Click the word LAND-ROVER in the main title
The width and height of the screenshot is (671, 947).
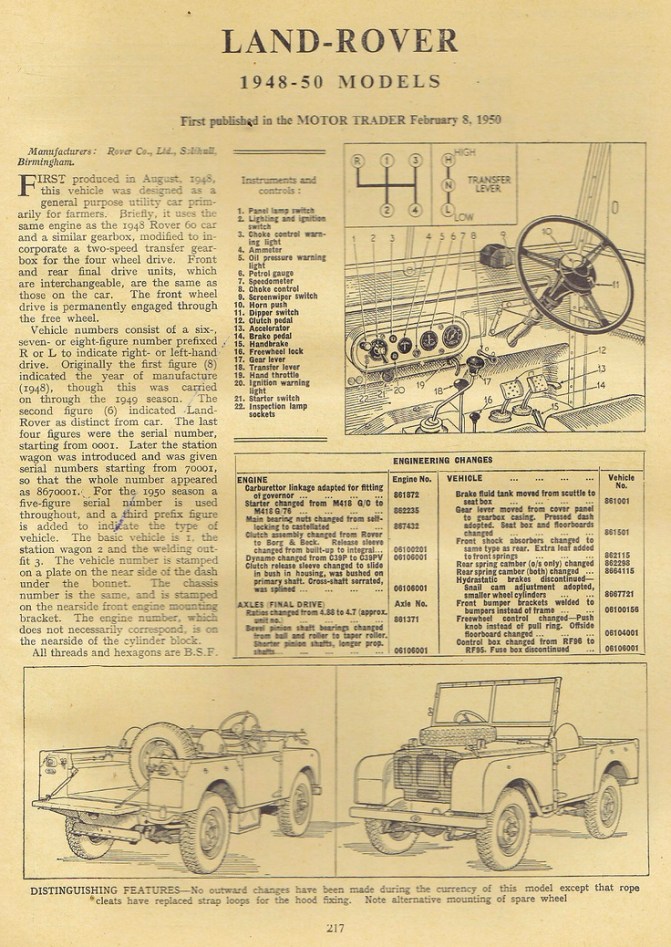[339, 42]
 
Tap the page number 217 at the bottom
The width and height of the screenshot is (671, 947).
[335, 927]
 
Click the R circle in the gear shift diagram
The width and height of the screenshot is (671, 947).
[357, 160]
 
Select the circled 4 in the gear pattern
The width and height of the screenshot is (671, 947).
[414, 210]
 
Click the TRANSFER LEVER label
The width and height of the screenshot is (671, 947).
[490, 186]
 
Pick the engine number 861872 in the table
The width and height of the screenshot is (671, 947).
[407, 495]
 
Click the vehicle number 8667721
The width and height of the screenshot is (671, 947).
[620, 593]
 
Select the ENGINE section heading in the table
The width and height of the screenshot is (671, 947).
[253, 479]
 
